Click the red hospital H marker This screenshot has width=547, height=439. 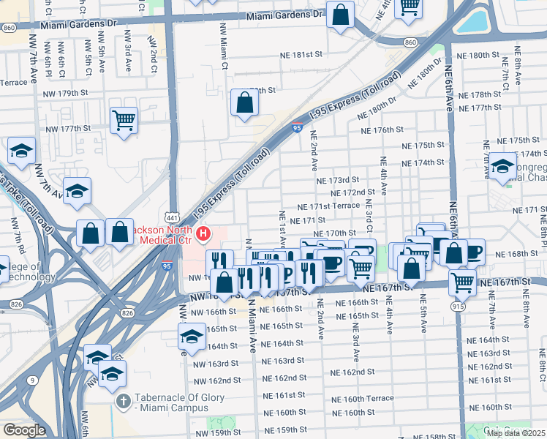204,235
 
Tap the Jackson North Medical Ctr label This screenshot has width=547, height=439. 157,234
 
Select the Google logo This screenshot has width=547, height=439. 23,430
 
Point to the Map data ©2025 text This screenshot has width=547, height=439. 516,433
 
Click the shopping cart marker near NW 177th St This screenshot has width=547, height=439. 124,120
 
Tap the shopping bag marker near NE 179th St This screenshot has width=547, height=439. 244,103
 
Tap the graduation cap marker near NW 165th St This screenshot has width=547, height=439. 192,337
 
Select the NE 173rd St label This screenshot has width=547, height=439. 338,180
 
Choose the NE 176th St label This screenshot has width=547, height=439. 382,130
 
